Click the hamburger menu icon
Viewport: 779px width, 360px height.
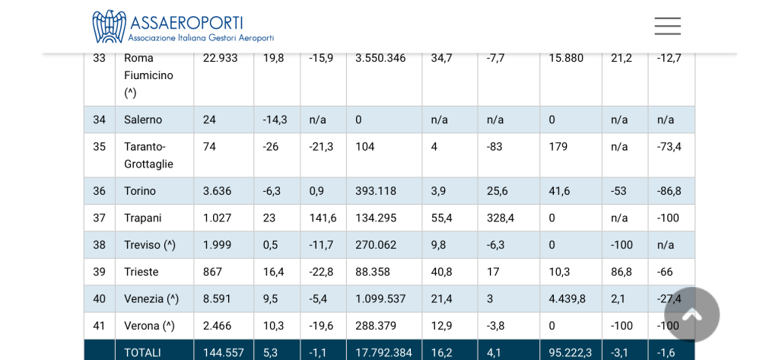pos(667,26)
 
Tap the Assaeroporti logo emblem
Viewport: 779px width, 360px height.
pos(109,26)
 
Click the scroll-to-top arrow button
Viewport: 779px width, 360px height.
pos(692,314)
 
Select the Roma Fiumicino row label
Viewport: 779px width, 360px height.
pos(148,75)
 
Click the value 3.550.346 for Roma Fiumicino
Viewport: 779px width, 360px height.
pos(380,58)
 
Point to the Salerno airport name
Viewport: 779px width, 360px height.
pos(143,119)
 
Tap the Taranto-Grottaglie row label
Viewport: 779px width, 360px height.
pos(148,155)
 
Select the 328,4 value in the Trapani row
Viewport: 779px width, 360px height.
pos(501,218)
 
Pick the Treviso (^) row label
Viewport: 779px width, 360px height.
pos(150,245)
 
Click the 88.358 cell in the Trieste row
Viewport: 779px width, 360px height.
pos(373,272)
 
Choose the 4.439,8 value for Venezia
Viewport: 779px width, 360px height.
pos(567,299)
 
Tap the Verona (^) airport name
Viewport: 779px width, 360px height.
pos(149,326)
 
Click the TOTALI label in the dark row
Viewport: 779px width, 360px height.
pos(142,352)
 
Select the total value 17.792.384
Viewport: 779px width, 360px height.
pos(383,352)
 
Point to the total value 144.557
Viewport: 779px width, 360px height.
pos(223,352)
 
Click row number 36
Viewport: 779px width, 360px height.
pos(100,191)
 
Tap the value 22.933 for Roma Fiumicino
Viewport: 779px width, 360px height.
pos(220,58)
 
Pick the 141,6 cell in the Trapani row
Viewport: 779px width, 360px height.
pos(323,218)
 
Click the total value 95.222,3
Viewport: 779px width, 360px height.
pos(570,352)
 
